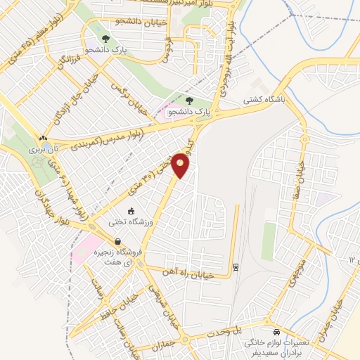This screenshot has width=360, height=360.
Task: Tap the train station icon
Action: coord(236,266)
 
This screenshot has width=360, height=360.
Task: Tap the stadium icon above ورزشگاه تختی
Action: coord(131,210)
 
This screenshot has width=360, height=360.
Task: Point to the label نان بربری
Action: coord(42,150)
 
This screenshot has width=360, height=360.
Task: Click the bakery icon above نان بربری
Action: coord(44,139)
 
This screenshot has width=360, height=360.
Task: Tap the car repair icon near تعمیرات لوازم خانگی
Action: coord(276,331)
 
